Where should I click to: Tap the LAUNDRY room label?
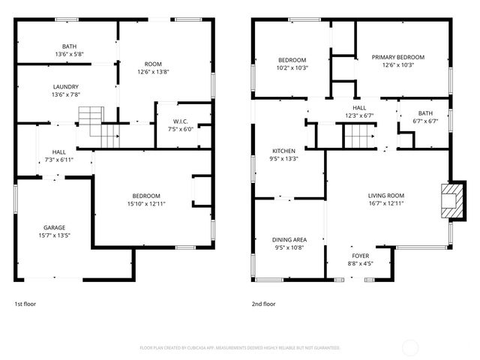[x=65, y=86]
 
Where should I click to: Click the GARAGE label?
[x=54, y=227]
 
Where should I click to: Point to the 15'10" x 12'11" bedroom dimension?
[x=143, y=204]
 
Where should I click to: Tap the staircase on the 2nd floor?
[x=358, y=136]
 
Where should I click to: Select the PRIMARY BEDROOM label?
[x=398, y=57]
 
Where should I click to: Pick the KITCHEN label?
[x=283, y=150]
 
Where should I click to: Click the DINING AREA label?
[x=289, y=239]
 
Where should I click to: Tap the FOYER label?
[x=361, y=255]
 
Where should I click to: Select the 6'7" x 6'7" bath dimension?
[x=425, y=122]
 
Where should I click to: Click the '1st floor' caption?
[x=25, y=304]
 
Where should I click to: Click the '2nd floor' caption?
[x=263, y=304]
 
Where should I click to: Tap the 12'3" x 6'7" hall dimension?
[x=359, y=115]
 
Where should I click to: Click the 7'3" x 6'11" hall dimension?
[x=58, y=160]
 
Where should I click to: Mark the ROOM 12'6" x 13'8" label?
[x=154, y=72]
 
